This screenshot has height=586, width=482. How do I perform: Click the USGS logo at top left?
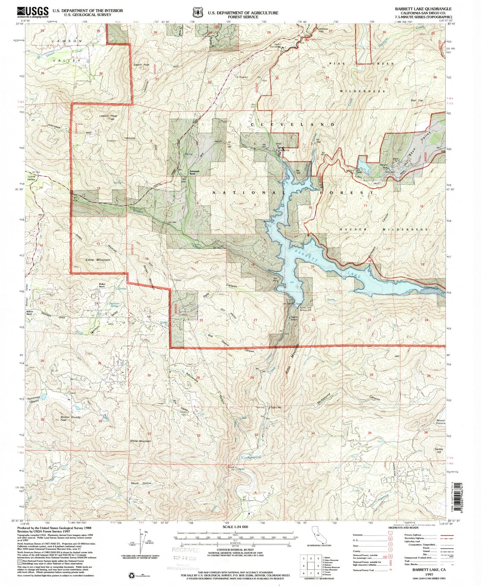pos(32,12)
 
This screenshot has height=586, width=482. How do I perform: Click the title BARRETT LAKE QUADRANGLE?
pos(423,9)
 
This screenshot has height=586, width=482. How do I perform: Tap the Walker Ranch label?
pos(102,285)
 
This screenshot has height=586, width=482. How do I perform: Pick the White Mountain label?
pos(141,441)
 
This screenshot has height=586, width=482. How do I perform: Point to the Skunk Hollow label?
pos(141,483)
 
